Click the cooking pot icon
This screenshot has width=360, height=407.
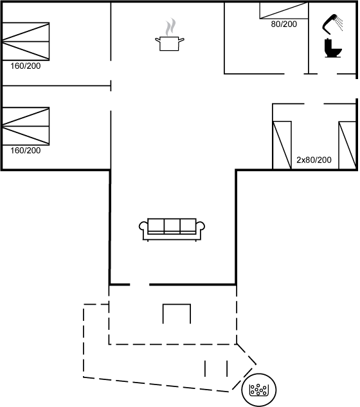(170, 44)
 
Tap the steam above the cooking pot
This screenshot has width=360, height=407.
(170, 26)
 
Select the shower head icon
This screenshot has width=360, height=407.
(332, 24)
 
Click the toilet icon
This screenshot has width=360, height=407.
(332, 48)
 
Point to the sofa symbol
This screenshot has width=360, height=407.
(172, 230)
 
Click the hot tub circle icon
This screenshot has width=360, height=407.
(259, 390)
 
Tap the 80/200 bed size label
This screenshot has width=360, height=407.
(284, 24)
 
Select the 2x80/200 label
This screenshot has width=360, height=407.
(314, 159)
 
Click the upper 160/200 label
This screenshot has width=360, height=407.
(26, 66)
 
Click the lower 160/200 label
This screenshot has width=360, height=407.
(26, 150)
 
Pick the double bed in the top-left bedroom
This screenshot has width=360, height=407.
(26, 42)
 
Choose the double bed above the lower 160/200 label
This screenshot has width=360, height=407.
(26, 126)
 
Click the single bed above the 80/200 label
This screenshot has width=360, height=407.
(283, 10)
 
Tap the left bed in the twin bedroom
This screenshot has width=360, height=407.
(282, 145)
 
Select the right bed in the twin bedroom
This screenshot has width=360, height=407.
(348, 145)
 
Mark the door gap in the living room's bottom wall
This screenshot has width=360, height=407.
(139, 285)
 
